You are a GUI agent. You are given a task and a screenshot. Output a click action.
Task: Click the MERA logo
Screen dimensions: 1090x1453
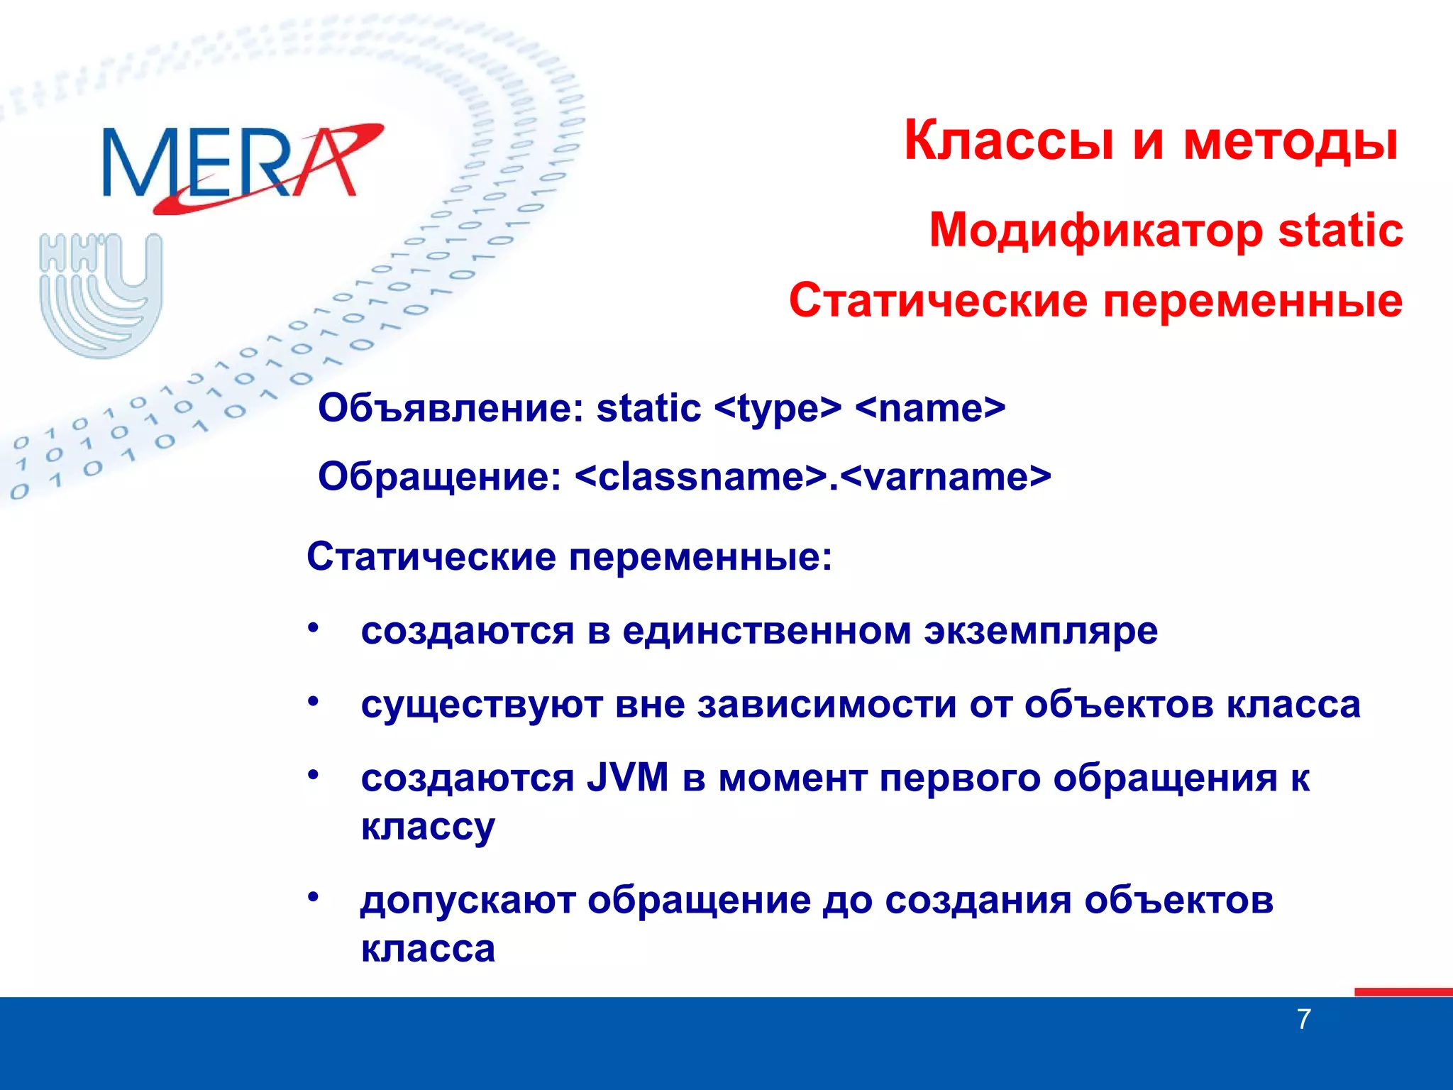[241, 167]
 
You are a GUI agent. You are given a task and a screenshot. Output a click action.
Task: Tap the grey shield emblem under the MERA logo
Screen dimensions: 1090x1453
[101, 294]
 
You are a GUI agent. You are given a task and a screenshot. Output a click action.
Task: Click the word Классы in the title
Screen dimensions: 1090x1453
[1008, 140]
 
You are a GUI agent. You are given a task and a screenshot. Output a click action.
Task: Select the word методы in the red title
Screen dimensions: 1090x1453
[1290, 140]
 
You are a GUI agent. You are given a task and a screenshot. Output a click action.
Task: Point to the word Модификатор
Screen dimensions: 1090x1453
[1096, 231]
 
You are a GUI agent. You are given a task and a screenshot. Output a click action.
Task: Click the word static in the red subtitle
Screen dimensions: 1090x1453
[1340, 231]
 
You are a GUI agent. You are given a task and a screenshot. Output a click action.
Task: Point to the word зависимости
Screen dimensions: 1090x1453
[827, 705]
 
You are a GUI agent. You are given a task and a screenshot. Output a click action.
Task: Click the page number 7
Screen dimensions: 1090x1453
[1303, 1019]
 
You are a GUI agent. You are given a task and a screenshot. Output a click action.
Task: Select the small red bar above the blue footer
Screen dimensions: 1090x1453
[1403, 992]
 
